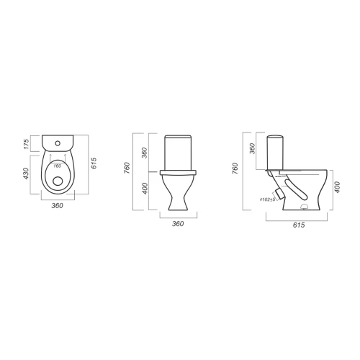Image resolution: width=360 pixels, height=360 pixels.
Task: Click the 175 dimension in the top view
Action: (x=27, y=144)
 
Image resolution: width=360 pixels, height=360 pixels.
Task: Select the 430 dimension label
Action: (x=26, y=174)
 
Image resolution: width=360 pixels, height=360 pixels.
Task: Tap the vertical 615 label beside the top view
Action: (x=94, y=163)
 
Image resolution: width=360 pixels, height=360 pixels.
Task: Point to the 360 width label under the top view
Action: (x=58, y=206)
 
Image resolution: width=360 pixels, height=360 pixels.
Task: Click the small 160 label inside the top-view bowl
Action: (x=58, y=166)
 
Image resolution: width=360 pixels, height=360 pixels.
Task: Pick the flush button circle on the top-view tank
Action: (x=58, y=143)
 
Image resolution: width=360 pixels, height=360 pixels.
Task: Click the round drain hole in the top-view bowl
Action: (x=58, y=181)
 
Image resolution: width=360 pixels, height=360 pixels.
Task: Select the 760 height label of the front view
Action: (x=127, y=168)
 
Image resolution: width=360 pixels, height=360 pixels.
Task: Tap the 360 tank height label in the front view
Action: (x=144, y=153)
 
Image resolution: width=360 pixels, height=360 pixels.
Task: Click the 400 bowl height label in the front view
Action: (x=145, y=189)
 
